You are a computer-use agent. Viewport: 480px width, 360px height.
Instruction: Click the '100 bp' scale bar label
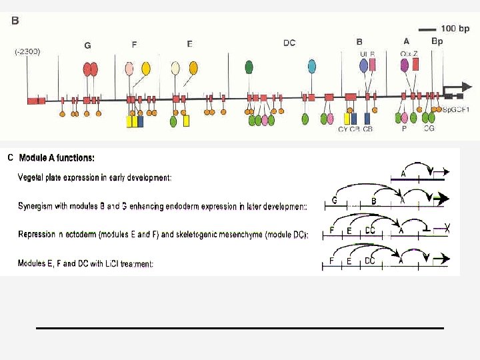[x=455, y=29]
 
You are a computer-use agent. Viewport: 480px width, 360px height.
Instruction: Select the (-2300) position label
[x=28, y=51]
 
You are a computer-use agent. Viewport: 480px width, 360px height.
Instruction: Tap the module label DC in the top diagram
[x=289, y=43]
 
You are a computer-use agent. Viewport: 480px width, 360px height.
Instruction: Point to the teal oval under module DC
[x=311, y=66]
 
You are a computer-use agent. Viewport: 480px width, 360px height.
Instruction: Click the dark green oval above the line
[x=249, y=67]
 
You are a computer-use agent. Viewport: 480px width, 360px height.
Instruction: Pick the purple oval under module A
[x=404, y=65]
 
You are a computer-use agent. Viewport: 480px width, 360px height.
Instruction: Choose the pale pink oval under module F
[x=129, y=68]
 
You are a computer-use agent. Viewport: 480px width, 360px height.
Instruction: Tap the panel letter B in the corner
[x=15, y=21]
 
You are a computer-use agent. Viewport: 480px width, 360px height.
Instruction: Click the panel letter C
[x=10, y=158]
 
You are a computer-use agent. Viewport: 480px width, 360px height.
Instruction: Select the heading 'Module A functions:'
[x=57, y=159]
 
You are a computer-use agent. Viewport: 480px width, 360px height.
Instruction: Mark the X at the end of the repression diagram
[x=447, y=230]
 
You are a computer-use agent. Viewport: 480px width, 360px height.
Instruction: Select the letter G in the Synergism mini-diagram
[x=335, y=200]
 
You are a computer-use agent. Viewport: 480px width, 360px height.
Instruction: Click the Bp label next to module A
[x=437, y=41]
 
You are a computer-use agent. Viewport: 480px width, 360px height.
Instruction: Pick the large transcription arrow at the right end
[x=456, y=89]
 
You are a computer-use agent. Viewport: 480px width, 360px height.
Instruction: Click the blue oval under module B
[x=363, y=65]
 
